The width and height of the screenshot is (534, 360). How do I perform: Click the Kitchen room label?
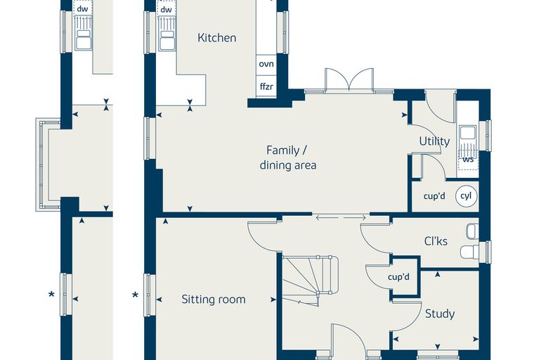(217, 37)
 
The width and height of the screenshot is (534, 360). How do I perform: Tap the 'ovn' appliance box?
(266, 64)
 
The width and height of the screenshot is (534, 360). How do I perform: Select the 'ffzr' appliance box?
(266, 86)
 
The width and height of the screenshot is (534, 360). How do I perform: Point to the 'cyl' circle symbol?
(466, 196)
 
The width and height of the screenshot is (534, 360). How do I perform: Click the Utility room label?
(434, 141)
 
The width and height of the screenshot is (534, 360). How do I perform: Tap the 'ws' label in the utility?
(468, 160)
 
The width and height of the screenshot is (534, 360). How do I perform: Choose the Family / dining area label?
(288, 157)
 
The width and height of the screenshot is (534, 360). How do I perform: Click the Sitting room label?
(213, 300)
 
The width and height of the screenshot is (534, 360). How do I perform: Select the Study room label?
(440, 314)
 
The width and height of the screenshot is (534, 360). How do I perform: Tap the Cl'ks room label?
(436, 241)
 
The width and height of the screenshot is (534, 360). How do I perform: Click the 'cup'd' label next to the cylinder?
(434, 196)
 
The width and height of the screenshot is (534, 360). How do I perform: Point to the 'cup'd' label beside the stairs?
(398, 277)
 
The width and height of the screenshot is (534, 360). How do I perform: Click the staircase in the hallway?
(309, 281)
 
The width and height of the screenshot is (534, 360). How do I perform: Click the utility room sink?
(467, 133)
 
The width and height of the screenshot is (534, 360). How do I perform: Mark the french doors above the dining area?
(349, 80)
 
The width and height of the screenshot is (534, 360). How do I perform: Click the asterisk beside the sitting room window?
(135, 295)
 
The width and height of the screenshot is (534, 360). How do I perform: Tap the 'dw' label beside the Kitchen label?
(167, 10)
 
